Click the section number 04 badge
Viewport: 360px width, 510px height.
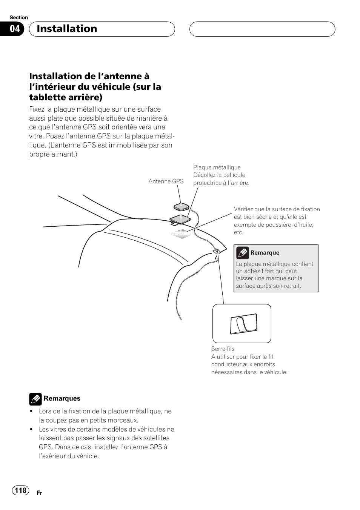14,29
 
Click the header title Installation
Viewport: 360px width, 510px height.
67,29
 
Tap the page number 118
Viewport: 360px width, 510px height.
21,490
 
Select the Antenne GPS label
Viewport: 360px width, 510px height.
166,181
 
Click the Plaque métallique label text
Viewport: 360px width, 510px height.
217,167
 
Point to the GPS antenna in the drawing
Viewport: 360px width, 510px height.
181,207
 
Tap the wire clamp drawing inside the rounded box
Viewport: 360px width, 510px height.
243,324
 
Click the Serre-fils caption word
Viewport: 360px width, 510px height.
223,349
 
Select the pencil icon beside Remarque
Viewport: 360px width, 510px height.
242,253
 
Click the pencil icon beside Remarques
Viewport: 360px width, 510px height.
35,399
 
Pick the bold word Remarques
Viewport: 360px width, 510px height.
62,399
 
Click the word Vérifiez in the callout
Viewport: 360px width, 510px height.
244,209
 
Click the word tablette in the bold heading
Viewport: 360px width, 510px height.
46,97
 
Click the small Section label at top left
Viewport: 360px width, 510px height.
19,18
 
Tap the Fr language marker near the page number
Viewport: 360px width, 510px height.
39,493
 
